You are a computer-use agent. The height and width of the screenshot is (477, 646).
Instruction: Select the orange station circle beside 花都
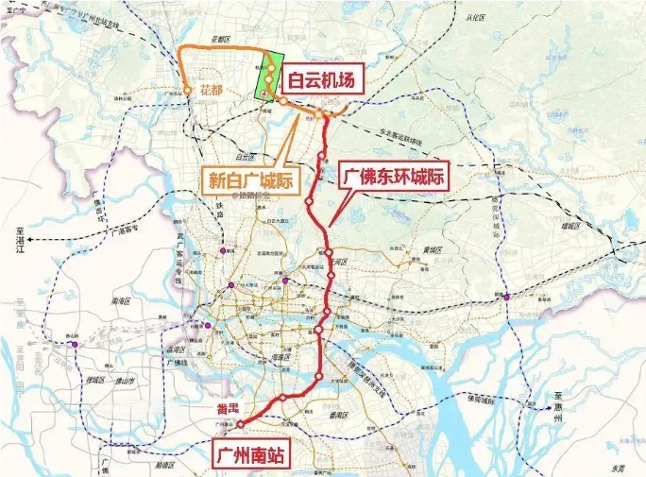[x=188, y=91]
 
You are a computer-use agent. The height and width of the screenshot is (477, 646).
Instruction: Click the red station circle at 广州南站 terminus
[x=240, y=424]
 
